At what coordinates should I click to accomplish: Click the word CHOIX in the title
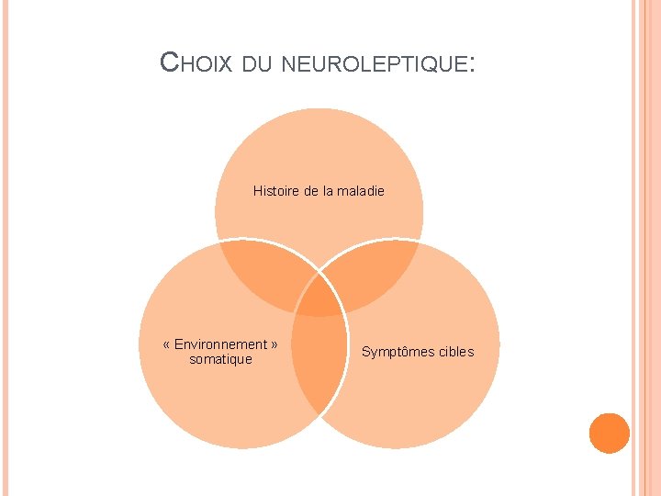point(196,62)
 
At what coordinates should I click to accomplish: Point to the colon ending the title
point(472,64)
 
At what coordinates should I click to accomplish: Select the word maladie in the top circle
point(360,191)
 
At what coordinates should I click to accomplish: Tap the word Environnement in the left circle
point(220,344)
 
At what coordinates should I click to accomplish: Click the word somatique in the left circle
point(220,359)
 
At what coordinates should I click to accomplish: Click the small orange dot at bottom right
point(609,433)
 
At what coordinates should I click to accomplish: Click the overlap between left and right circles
point(319,367)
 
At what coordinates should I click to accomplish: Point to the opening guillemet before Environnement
point(166,344)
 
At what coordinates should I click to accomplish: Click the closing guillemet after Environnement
point(274,344)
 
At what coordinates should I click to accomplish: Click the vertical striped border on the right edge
point(645,248)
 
